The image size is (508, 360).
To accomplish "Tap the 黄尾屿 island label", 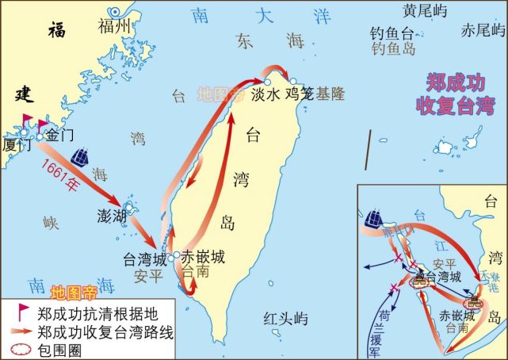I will [425, 11].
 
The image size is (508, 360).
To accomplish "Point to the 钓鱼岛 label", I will [393, 48].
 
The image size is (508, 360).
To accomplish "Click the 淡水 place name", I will [267, 94].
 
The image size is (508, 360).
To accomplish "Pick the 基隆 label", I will [330, 94].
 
